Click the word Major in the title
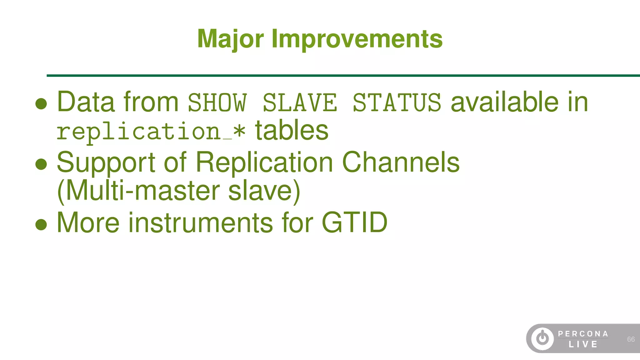tap(230, 39)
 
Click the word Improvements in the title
tap(357, 39)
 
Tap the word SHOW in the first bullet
tap(217, 102)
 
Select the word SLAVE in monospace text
tap(300, 102)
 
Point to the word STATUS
tap(397, 102)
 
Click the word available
tap(504, 102)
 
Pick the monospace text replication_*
tap(151, 132)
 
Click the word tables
tap(292, 131)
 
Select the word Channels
tap(401, 162)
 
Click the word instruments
tap(201, 222)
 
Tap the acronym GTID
tap(354, 222)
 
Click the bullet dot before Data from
tap(41, 104)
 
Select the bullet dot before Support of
tap(41, 164)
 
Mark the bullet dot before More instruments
tap(41, 224)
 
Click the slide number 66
tap(631, 339)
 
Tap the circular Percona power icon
tap(542, 338)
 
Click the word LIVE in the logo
tap(583, 344)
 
